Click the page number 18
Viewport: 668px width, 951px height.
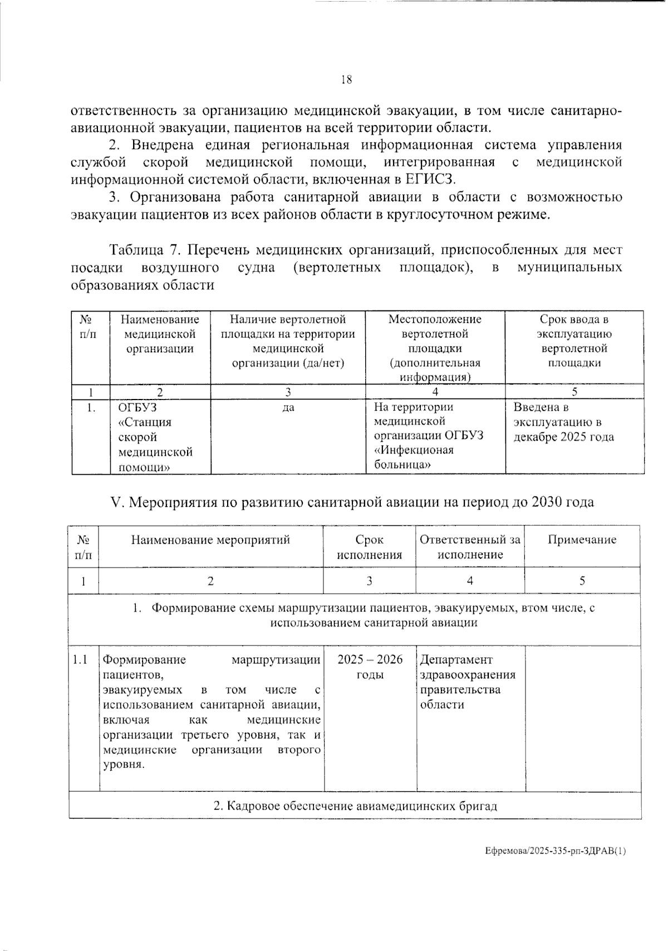click(346, 80)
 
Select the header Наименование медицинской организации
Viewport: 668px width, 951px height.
click(160, 334)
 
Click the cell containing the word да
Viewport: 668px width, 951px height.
click(288, 408)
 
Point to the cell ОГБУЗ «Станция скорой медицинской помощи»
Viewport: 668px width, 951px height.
click(155, 437)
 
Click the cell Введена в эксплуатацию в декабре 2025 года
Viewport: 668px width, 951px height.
click(563, 422)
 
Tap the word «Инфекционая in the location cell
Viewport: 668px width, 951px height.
click(414, 450)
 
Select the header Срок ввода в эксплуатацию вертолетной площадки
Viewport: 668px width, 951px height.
click(574, 341)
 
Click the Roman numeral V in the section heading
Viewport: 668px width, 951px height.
click(116, 502)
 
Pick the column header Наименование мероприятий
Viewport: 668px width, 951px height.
click(210, 539)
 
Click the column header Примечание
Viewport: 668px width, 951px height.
click(582, 539)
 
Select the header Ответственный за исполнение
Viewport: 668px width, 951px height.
click(470, 546)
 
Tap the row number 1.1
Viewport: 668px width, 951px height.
click(81, 660)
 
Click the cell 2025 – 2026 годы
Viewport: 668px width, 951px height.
click(370, 667)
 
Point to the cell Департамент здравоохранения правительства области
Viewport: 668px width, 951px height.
click(467, 682)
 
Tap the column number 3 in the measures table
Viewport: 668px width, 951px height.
click(369, 581)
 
